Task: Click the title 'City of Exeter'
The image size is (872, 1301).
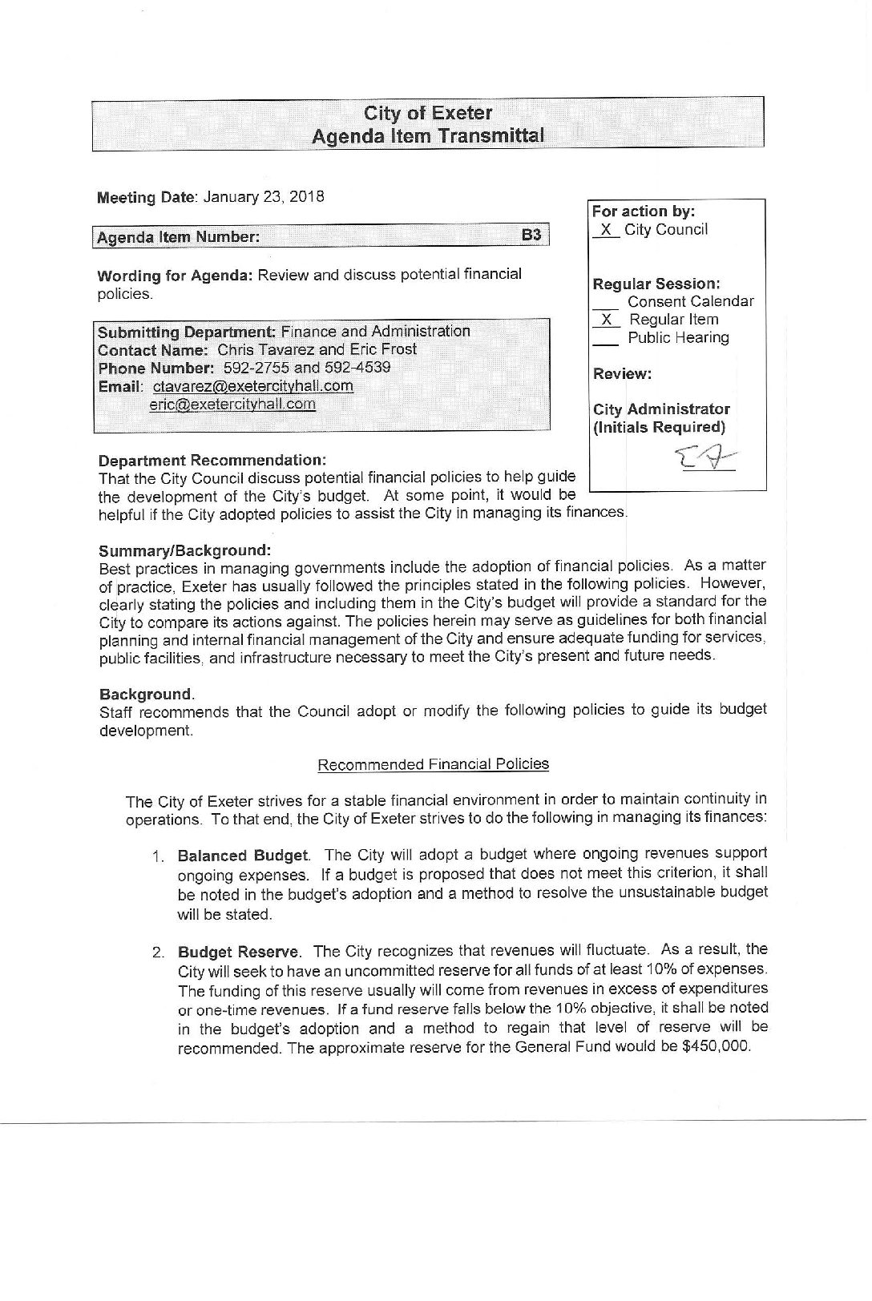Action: [x=428, y=113]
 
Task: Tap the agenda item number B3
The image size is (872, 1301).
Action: [x=531, y=236]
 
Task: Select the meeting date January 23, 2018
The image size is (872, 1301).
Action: [x=264, y=197]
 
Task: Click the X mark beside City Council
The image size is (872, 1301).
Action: [x=608, y=230]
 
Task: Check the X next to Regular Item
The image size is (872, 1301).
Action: [x=608, y=319]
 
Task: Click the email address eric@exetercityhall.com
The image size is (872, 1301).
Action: [x=232, y=404]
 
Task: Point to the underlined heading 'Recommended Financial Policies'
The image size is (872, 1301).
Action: [x=433, y=763]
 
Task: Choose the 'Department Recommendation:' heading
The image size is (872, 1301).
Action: [x=212, y=461]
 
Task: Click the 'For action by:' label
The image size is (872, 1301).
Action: [x=643, y=211]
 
